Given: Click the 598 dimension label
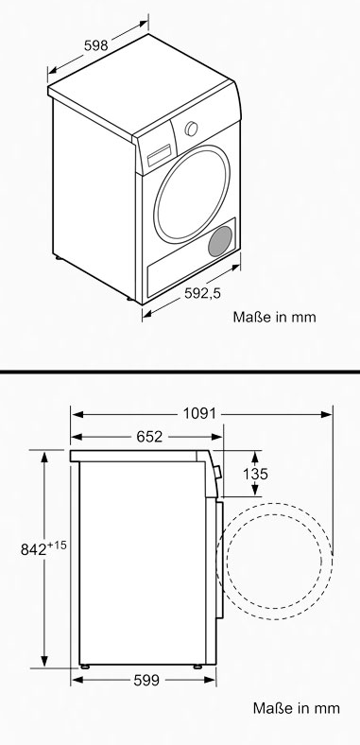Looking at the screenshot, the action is pyautogui.click(x=96, y=45).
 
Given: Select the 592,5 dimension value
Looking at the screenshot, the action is pyautogui.click(x=203, y=294).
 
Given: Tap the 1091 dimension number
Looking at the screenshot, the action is pyautogui.click(x=199, y=414).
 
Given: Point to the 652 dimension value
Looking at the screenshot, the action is pyautogui.click(x=149, y=437).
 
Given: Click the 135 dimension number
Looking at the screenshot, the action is pyautogui.click(x=255, y=474).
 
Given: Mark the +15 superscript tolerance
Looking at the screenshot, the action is pyautogui.click(x=57, y=545).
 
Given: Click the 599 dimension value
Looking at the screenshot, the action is pyautogui.click(x=146, y=681).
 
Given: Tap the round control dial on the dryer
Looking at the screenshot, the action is pyautogui.click(x=192, y=129).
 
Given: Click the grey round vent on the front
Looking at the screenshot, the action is pyautogui.click(x=220, y=241).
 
